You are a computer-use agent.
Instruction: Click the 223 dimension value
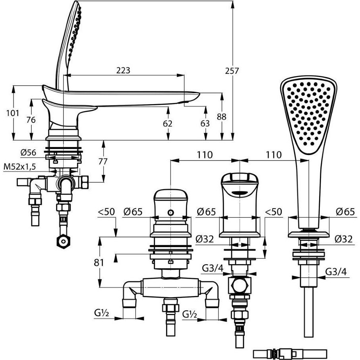[x=123, y=70]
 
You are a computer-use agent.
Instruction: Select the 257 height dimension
[x=232, y=71]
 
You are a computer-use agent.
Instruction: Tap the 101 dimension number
[x=13, y=113]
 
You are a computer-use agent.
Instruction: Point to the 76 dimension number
[x=31, y=120]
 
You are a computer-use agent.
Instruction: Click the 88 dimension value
[x=222, y=117]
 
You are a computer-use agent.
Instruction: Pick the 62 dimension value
[x=168, y=124]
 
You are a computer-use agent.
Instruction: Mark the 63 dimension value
[x=205, y=124]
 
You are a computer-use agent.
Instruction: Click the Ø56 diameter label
[x=28, y=153]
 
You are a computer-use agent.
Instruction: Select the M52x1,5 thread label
[x=20, y=167]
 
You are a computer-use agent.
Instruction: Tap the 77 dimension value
[x=103, y=162]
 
